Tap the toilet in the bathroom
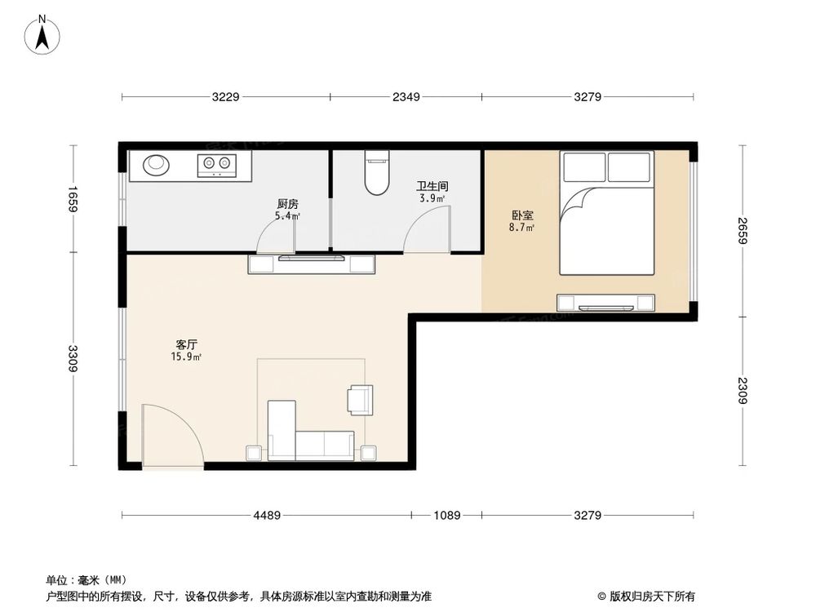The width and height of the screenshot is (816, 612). [x=376, y=173]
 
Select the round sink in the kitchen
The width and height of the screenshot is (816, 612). [x=157, y=164]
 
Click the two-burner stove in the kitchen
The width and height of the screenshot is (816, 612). [x=217, y=166]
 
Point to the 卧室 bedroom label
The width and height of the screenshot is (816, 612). [x=522, y=215]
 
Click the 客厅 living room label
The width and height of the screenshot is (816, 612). [x=186, y=344]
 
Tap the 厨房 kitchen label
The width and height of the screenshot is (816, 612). [x=286, y=205]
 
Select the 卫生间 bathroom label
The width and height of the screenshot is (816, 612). [x=432, y=186]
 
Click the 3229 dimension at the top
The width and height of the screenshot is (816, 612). [x=225, y=98]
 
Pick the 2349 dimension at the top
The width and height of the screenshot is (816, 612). [x=406, y=98]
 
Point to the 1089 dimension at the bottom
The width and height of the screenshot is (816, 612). [x=446, y=515]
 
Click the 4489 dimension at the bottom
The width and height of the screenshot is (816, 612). [x=266, y=515]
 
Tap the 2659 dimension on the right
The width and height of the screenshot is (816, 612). [x=742, y=232]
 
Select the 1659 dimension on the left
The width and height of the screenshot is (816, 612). [x=73, y=200]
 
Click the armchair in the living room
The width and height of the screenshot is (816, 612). [x=359, y=398]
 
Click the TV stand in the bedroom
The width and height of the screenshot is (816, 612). [x=606, y=303]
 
